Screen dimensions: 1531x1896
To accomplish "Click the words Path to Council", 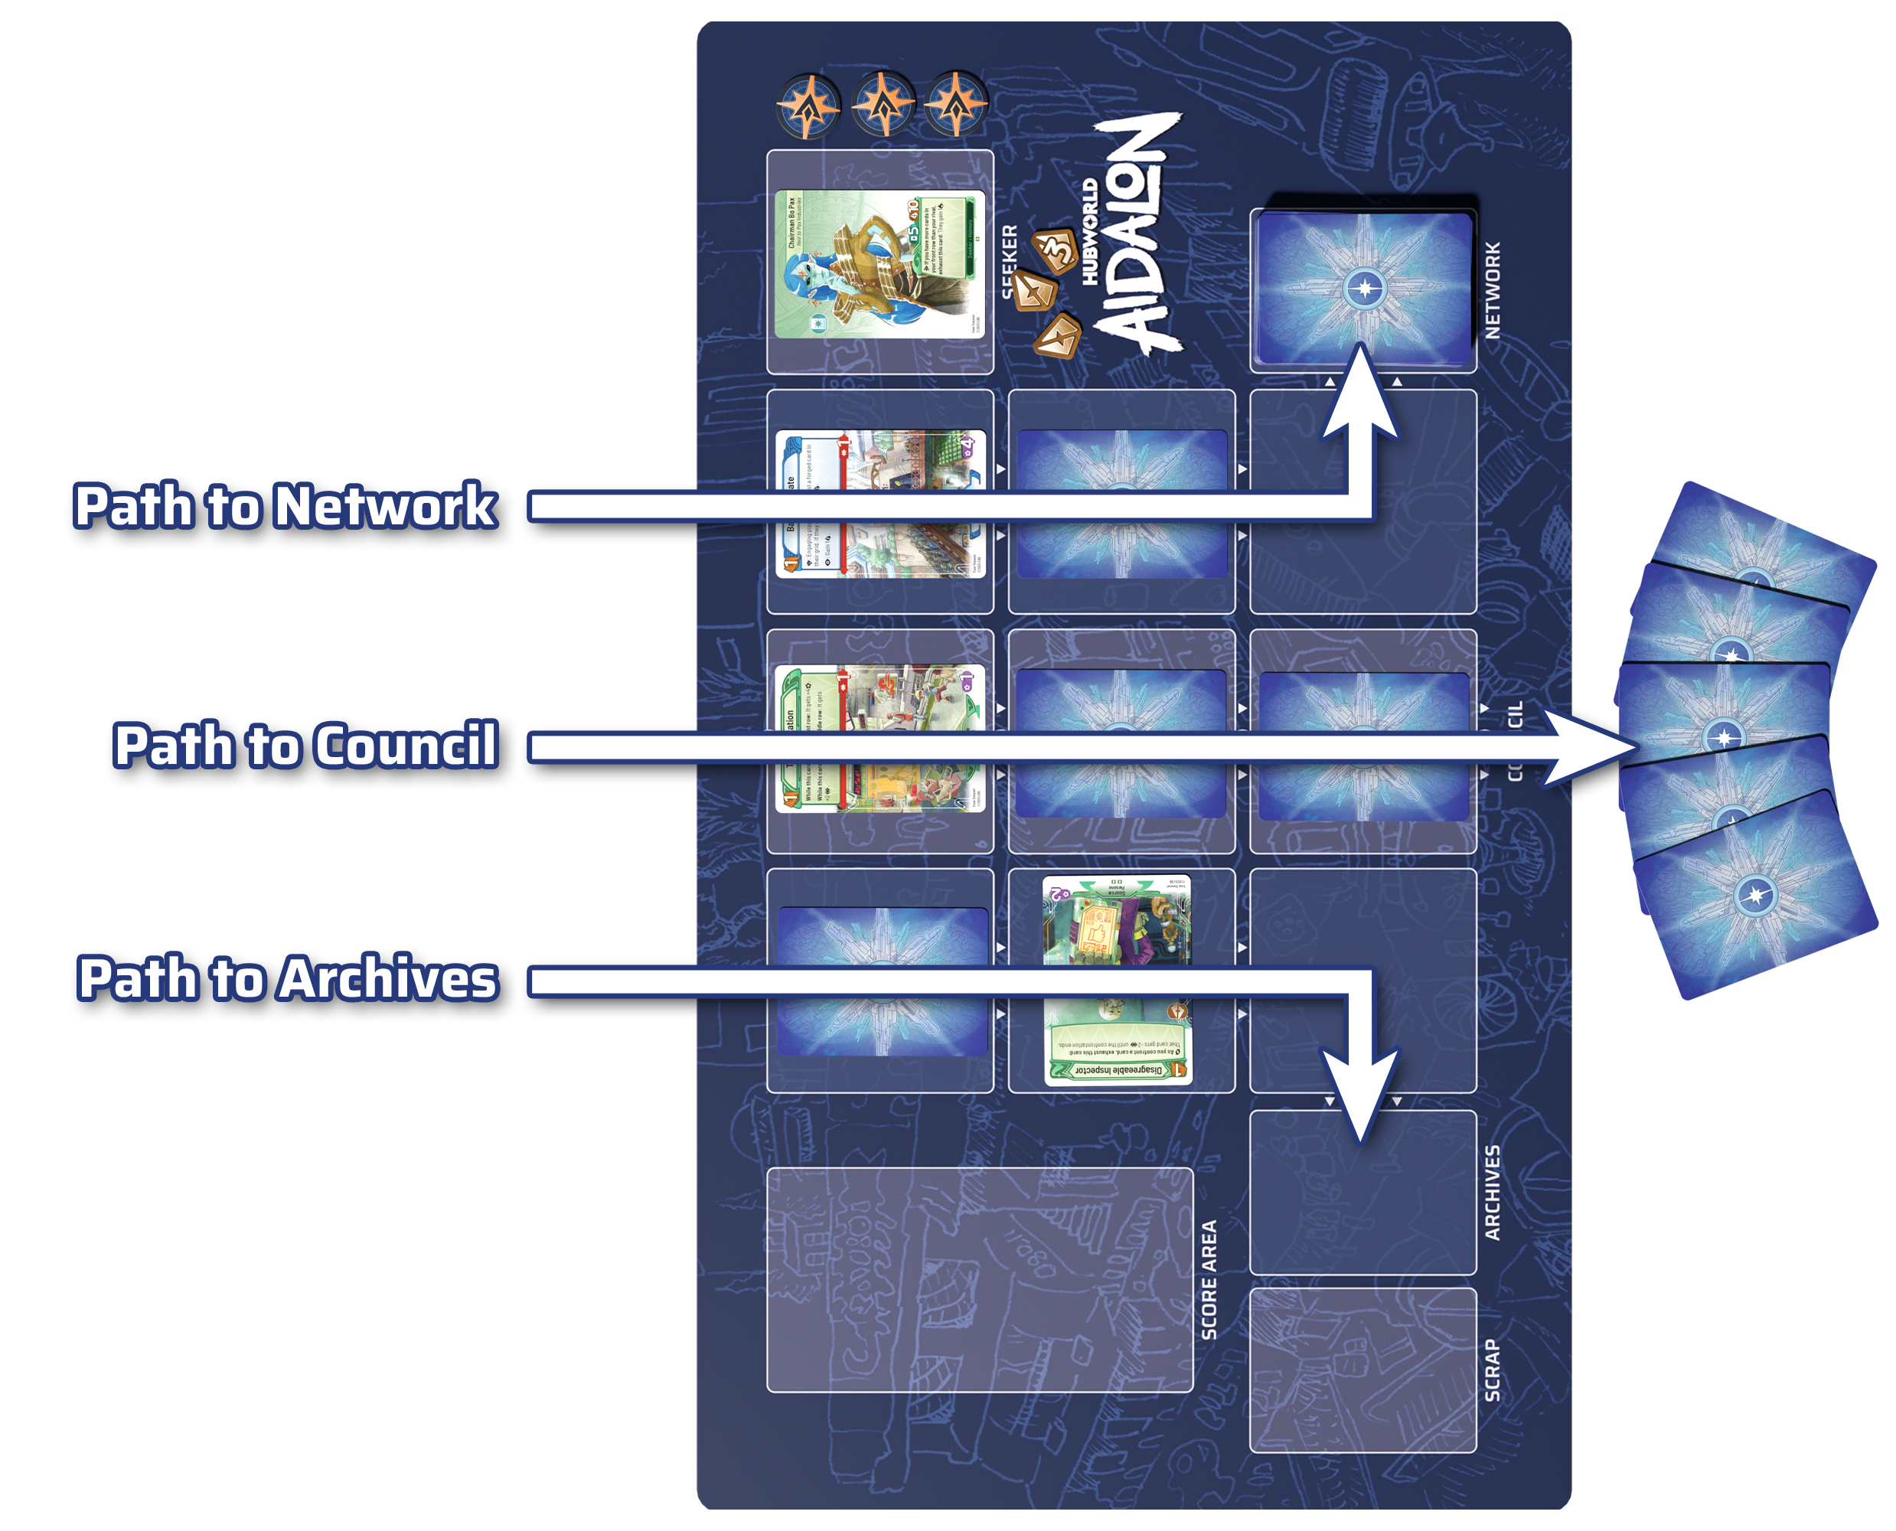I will (305, 746).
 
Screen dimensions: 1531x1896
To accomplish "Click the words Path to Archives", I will (288, 979).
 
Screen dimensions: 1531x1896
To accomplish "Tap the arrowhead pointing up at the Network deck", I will (1360, 393).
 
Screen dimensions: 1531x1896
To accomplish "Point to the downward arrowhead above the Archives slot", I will (1360, 1094).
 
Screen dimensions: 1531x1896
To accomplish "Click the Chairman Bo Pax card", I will (879, 263).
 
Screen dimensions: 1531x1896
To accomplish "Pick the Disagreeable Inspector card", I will (1118, 980).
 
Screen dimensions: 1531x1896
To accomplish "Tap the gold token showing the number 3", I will (1056, 250).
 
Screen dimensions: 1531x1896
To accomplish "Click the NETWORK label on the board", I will (1492, 291).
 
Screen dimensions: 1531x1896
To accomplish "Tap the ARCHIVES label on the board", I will (1492, 1193).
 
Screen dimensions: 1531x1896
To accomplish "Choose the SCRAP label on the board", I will (1492, 1369).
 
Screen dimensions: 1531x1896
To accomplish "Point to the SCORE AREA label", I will (1209, 1280).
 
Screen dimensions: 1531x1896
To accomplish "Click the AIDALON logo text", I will (1137, 233).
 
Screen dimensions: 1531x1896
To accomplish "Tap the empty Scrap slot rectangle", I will (1362, 1369).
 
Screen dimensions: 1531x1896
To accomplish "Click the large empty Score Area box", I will (979, 1280).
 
